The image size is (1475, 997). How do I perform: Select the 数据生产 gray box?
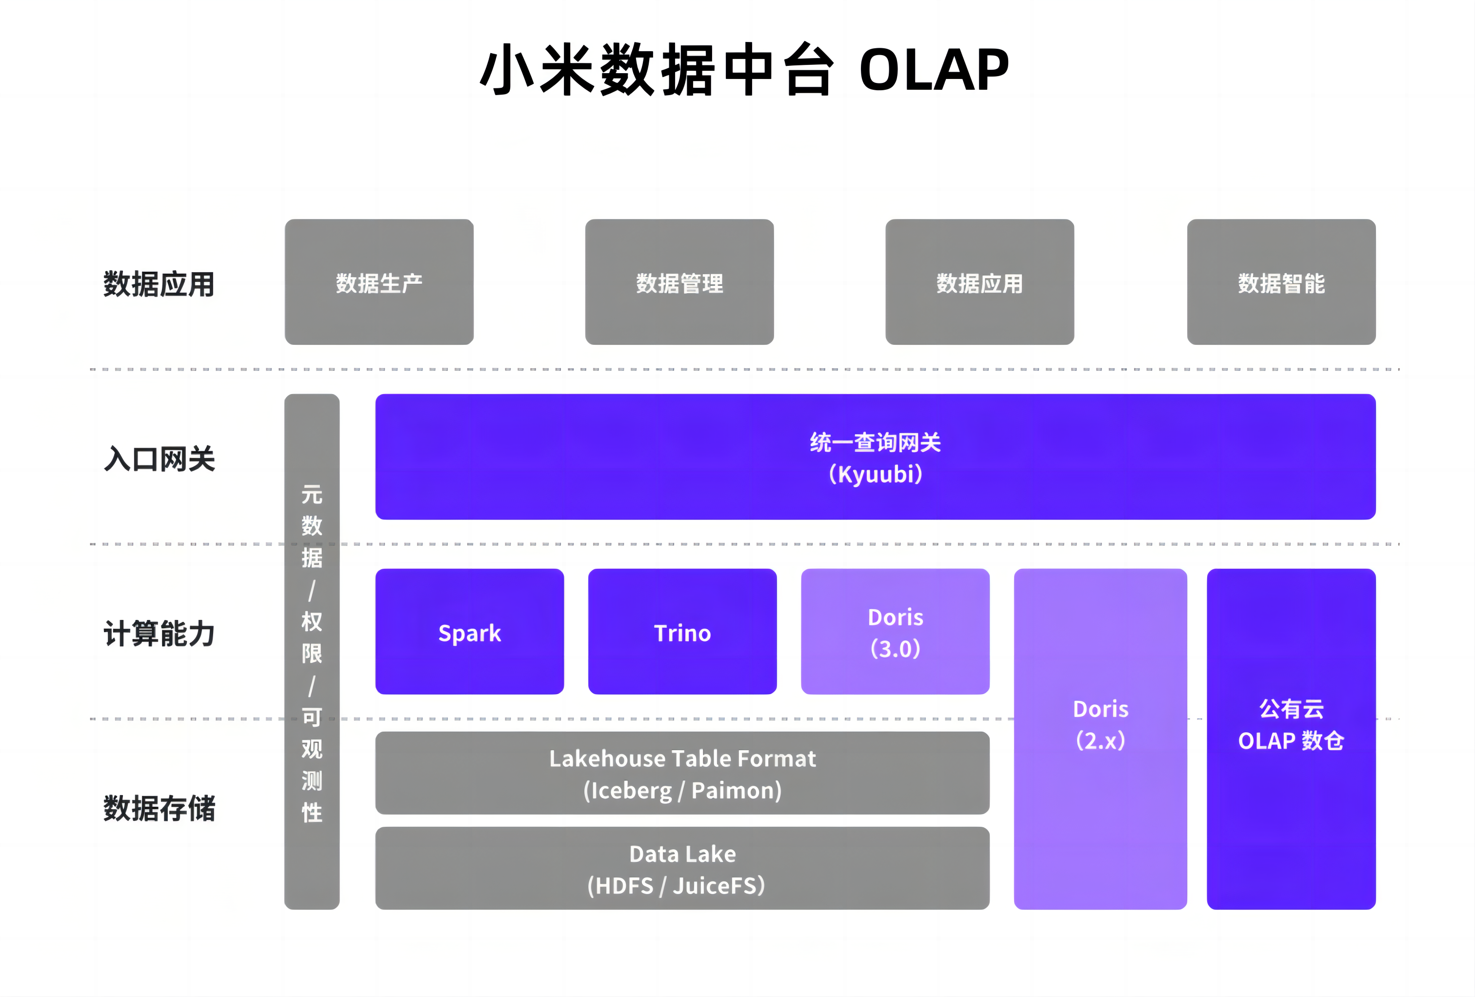379,282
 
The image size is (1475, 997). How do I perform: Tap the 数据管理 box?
679,282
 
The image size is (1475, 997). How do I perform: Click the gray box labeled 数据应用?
979,282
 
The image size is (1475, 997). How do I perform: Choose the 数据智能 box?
1281,282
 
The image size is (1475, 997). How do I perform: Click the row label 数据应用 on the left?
159,284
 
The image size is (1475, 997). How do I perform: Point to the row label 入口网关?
159,459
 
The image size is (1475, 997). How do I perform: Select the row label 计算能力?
159,633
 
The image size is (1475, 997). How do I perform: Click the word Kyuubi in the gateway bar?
876,475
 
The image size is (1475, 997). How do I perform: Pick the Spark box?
470,632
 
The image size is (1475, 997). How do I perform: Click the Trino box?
682,632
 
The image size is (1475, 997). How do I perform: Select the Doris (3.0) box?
895,632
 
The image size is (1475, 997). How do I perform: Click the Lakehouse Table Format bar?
682,772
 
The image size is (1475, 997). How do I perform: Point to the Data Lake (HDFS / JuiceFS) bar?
682,868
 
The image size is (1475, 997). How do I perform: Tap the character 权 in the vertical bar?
312,621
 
